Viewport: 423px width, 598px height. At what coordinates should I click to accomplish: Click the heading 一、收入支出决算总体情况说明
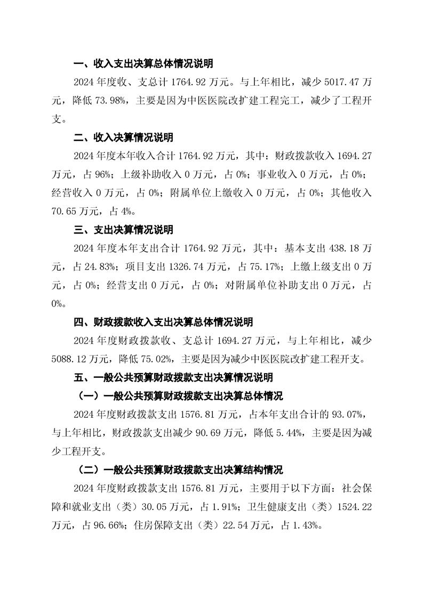point(143,64)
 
